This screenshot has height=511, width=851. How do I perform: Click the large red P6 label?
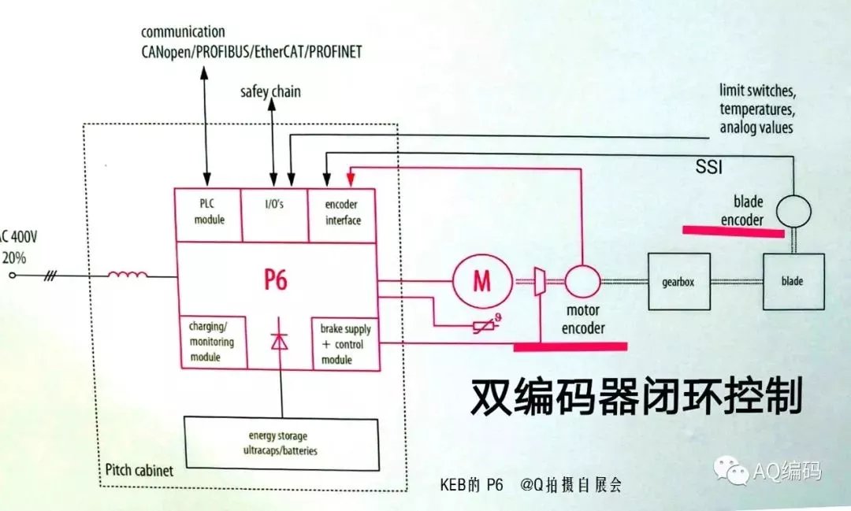pos(274,280)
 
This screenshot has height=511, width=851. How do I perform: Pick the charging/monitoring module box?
pos(209,341)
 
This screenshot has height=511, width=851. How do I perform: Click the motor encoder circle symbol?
pos(582,281)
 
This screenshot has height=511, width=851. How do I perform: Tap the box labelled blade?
pos(792,281)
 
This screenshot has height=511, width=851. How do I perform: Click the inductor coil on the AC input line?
pos(127,275)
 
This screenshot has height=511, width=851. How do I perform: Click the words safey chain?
pos(270,92)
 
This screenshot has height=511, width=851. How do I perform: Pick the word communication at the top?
pos(182,32)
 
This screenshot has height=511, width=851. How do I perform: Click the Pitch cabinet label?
pos(139,471)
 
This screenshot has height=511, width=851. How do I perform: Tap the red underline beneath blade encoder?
pos(732,230)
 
